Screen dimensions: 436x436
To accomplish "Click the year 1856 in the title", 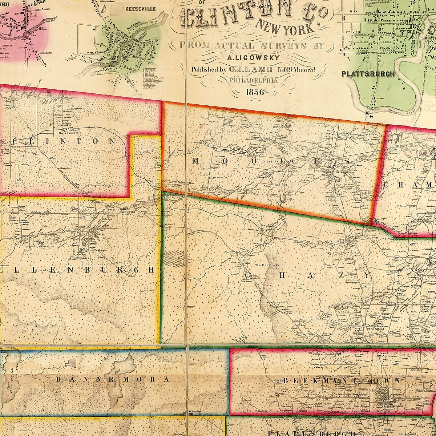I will tap(255, 92).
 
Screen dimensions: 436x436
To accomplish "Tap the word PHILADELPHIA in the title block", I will tap(253, 80).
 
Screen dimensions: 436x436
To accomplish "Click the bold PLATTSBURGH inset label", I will tap(368, 74).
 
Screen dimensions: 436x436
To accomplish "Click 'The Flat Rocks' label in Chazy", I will tap(264, 265).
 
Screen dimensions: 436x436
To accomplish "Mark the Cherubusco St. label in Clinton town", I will tap(70, 132).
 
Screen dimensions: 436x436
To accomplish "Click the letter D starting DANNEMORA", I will tap(58, 379).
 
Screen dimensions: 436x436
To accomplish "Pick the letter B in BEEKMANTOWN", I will tap(286, 380).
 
